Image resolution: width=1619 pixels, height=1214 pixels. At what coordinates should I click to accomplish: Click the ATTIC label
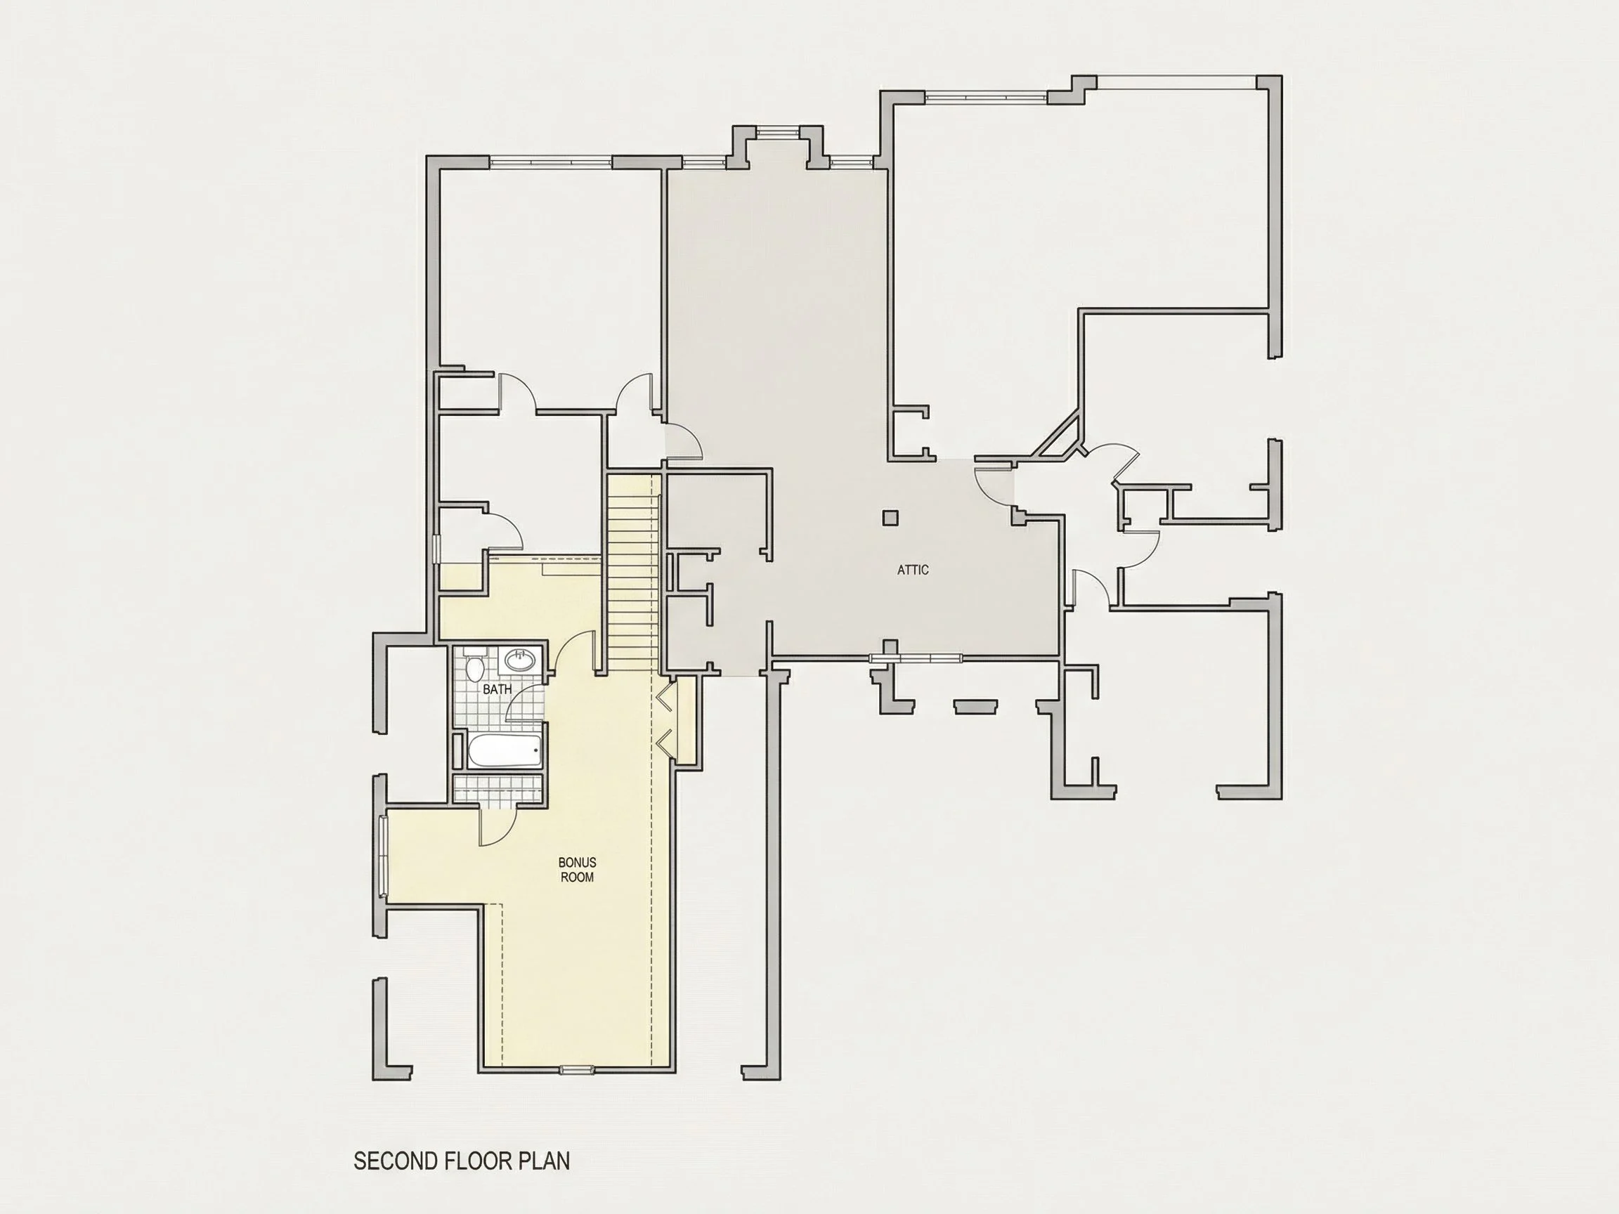click(x=913, y=569)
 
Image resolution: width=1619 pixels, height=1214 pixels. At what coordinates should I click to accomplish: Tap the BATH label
click(x=497, y=689)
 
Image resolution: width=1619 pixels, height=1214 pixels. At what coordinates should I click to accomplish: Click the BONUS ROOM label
click(x=577, y=869)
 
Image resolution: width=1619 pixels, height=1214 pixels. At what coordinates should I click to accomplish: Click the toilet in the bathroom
click(x=474, y=665)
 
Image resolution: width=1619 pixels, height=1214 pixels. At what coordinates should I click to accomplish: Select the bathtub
click(x=505, y=752)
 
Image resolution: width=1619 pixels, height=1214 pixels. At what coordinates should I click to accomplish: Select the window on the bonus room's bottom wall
click(x=578, y=1070)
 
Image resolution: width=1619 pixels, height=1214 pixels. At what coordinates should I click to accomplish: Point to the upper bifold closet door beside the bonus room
click(x=665, y=699)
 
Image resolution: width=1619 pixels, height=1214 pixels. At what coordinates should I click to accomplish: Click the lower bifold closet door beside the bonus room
click(x=665, y=743)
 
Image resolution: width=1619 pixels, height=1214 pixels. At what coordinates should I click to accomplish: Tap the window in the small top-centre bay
click(x=778, y=133)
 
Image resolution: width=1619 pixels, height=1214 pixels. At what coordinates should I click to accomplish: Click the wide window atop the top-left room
click(x=550, y=161)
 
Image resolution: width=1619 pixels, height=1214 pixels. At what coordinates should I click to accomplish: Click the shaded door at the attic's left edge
click(x=683, y=442)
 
